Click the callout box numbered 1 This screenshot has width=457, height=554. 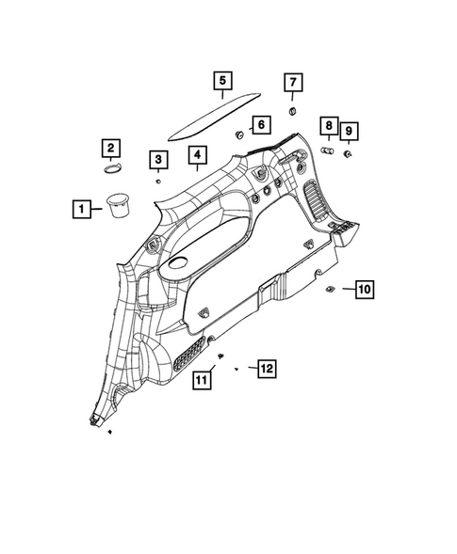(84, 208)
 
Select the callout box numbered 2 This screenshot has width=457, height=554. (111, 148)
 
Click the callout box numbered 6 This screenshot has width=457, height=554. (259, 123)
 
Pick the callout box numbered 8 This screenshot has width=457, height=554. (328, 125)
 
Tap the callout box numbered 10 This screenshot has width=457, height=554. (365, 289)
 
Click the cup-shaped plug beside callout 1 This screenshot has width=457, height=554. (120, 205)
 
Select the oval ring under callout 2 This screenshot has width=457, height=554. (112, 168)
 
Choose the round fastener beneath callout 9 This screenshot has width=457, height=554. (348, 152)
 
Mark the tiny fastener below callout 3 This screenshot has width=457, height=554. (159, 180)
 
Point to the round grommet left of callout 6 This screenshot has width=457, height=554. (237, 134)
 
